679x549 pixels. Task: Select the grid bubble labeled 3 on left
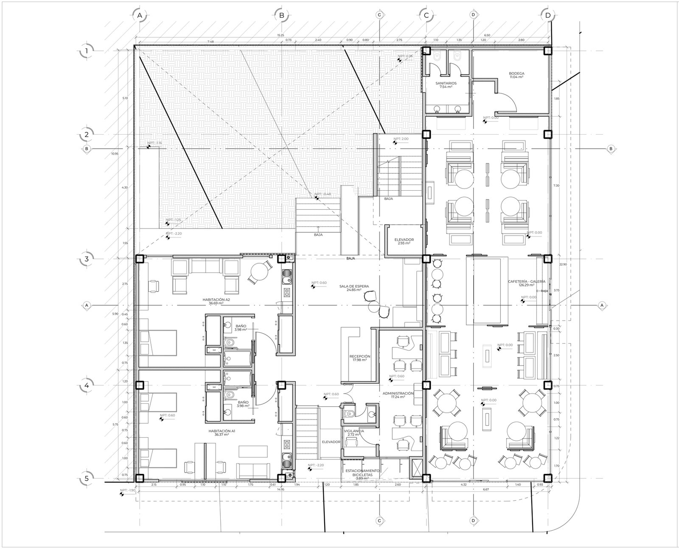[87, 259]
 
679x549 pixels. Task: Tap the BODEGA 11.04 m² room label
[516, 75]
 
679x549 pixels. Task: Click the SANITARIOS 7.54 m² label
[446, 85]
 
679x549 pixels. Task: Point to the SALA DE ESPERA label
[350, 288]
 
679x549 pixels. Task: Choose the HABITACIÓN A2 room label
[216, 301]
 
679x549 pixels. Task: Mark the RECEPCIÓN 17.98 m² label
[360, 358]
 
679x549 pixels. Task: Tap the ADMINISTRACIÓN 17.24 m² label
[398, 395]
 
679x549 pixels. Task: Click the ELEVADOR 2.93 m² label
[404, 241]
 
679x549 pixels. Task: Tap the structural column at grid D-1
[548, 51]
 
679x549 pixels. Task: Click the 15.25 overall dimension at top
[280, 35]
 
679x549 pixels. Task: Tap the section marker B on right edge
[611, 149]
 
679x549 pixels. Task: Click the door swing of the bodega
[508, 102]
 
